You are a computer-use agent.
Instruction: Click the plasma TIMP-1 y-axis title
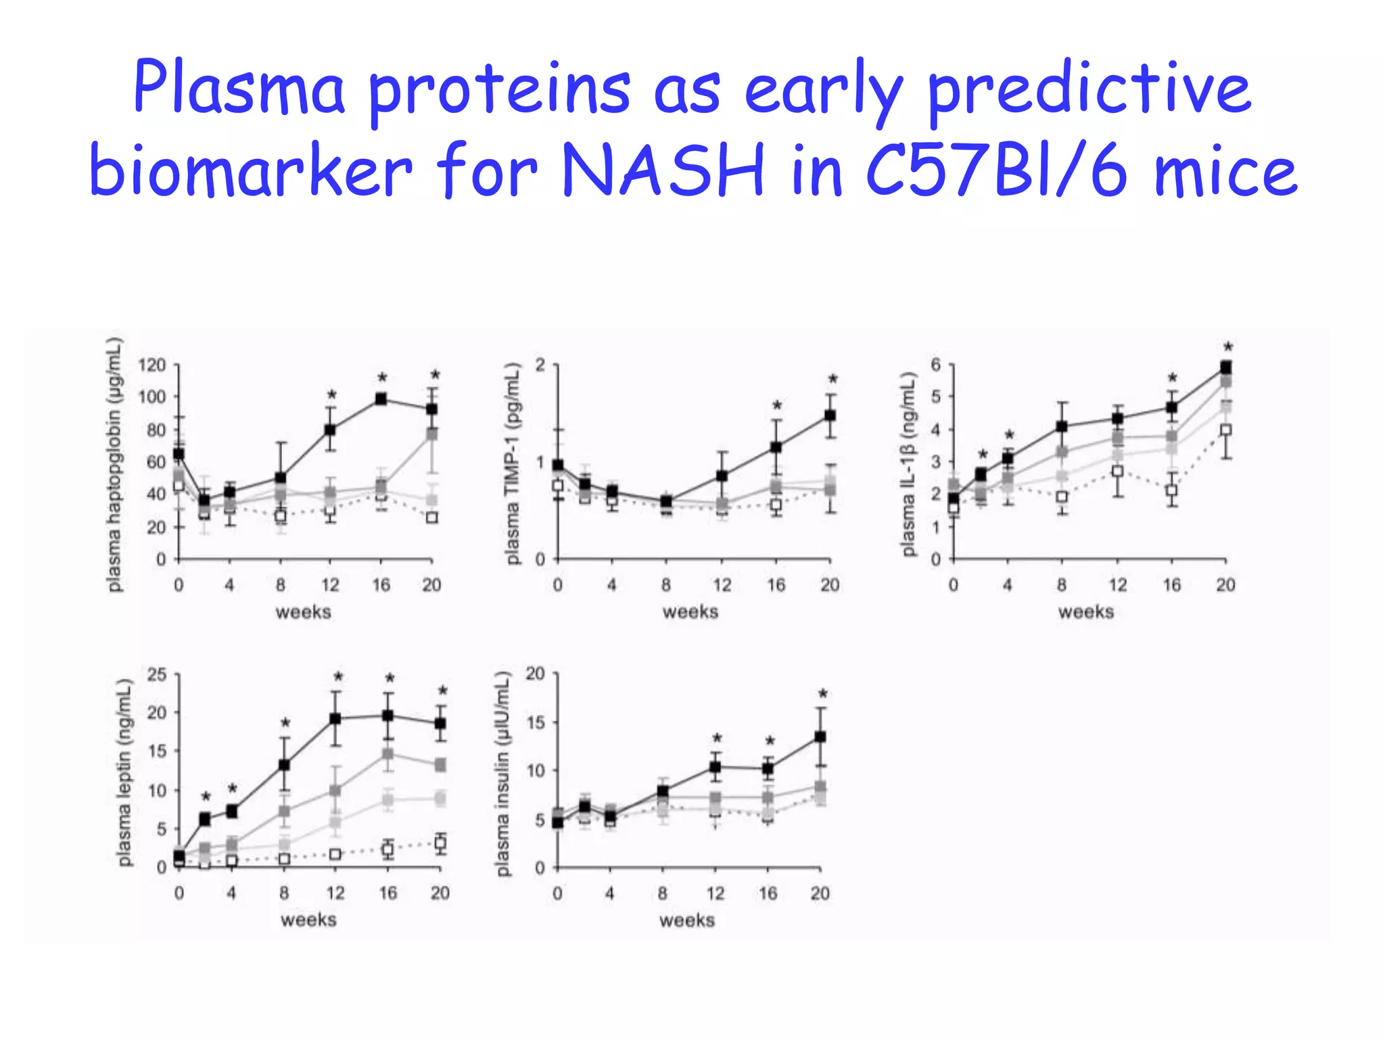tap(514, 464)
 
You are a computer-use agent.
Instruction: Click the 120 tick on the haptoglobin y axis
tap(152, 365)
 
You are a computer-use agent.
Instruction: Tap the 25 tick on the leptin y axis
tap(156, 674)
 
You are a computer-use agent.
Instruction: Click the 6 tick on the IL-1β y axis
tap(935, 365)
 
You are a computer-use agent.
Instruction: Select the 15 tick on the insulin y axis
tap(535, 722)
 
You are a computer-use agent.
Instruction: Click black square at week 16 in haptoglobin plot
tap(381, 399)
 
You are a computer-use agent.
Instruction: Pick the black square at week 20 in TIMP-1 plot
tap(830, 416)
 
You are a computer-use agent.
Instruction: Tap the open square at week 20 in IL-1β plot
tap(1225, 430)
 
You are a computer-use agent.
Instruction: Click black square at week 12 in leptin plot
tap(335, 718)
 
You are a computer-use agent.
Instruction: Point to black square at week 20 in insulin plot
tap(820, 737)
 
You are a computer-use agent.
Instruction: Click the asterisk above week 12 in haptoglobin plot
tap(331, 394)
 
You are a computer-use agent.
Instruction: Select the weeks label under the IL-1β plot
tap(1085, 611)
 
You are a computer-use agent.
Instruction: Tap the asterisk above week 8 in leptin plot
tap(285, 723)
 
